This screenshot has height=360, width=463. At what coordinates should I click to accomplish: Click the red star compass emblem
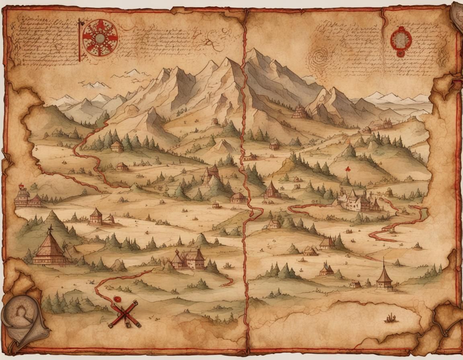point(100,38)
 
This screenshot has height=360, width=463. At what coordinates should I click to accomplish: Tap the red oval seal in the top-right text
point(401,41)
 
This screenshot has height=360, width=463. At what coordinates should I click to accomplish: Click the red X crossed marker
point(125,314)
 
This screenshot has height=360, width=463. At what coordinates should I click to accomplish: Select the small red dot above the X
point(117,299)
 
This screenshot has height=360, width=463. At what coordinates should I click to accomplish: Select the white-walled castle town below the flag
point(356,200)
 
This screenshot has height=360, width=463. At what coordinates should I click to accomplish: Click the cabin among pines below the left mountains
point(117,146)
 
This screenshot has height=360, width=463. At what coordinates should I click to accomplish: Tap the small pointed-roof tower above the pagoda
point(96,216)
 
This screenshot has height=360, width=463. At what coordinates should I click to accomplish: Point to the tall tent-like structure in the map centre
point(211,174)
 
